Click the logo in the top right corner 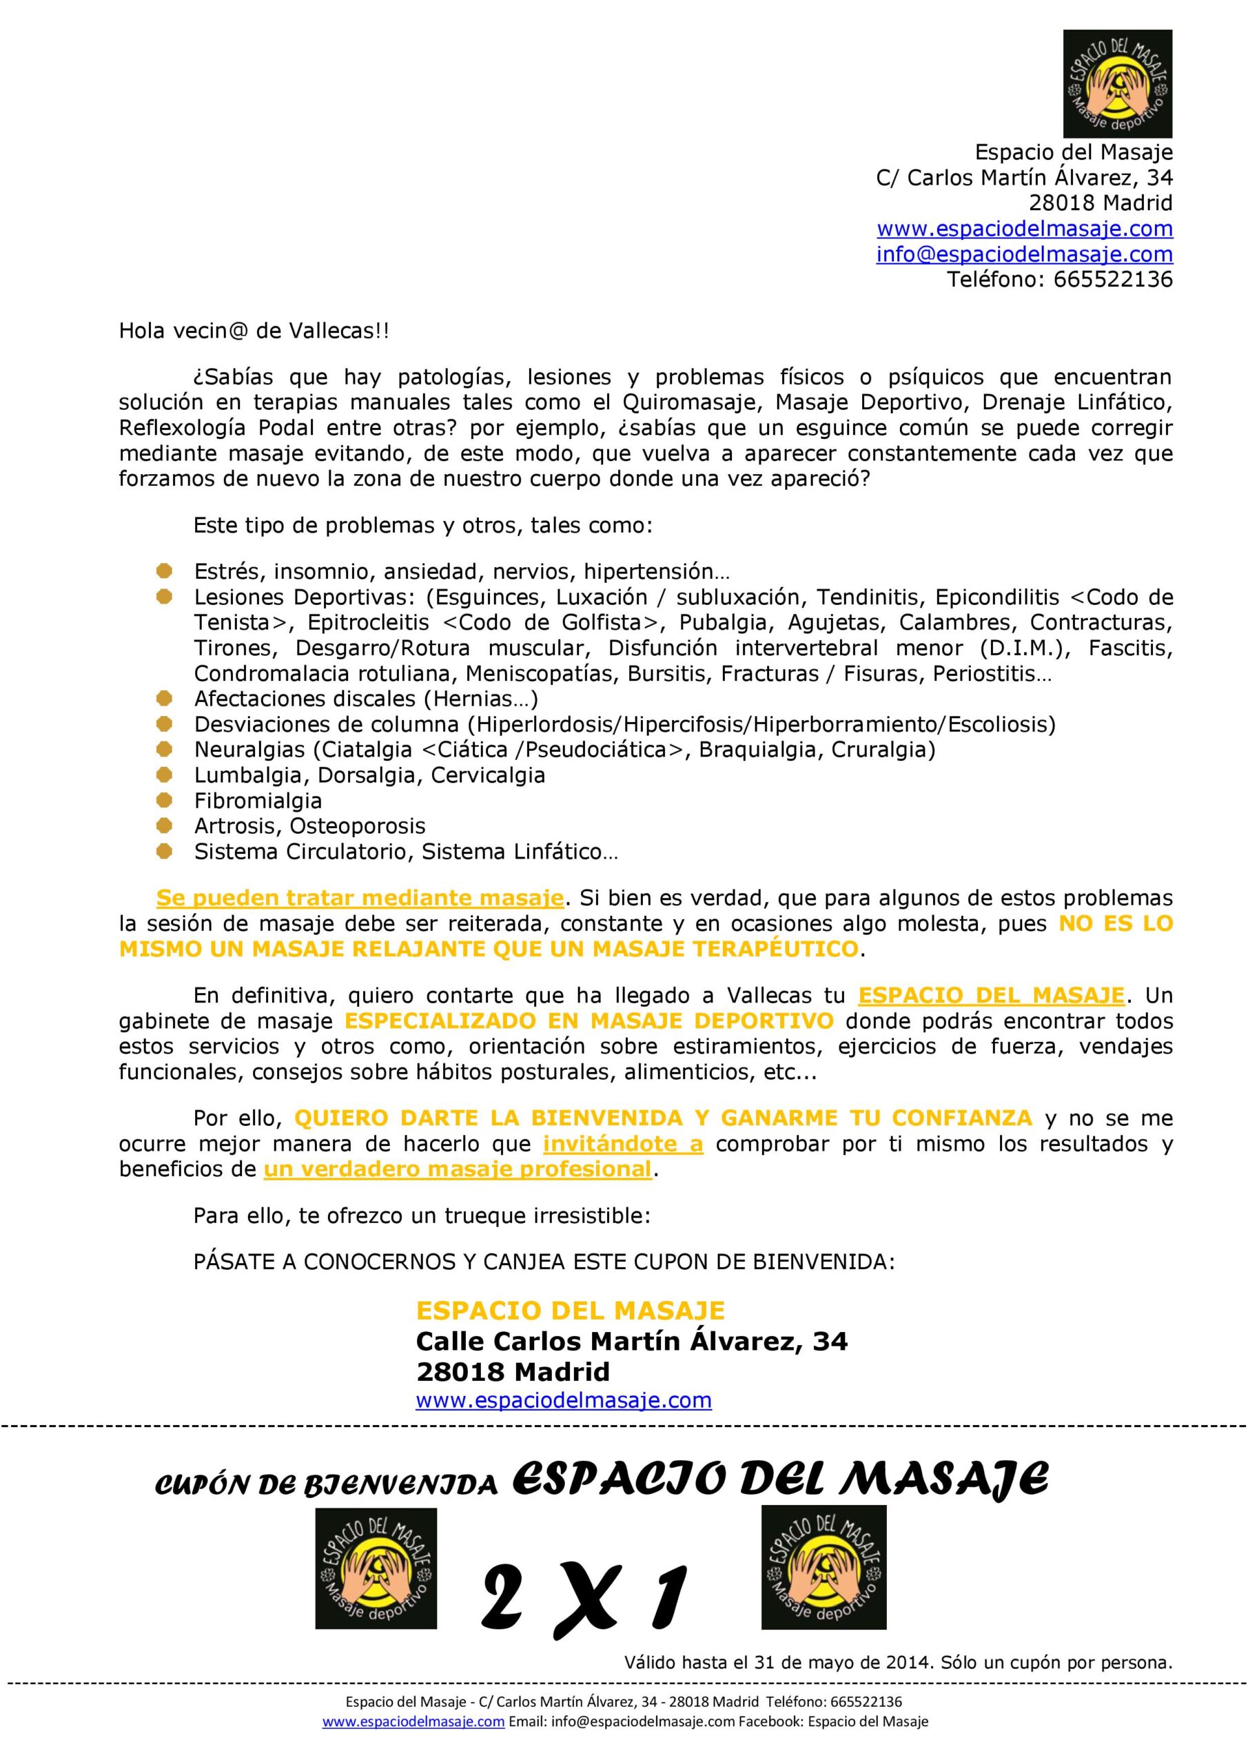(1117, 84)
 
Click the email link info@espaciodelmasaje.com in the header (1024, 254)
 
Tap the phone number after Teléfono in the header (1113, 279)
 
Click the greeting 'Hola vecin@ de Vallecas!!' (254, 331)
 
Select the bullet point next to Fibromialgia (164, 801)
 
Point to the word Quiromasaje (694, 402)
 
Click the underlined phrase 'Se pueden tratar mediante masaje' (360, 898)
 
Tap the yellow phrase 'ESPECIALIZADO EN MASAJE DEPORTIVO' (589, 1021)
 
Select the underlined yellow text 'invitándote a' (622, 1144)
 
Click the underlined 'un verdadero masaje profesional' (458, 1169)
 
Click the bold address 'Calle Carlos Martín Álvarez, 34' (631, 1342)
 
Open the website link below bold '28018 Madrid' (563, 1399)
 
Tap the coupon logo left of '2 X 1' (376, 1568)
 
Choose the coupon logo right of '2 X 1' (823, 1568)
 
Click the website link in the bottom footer (413, 1722)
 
